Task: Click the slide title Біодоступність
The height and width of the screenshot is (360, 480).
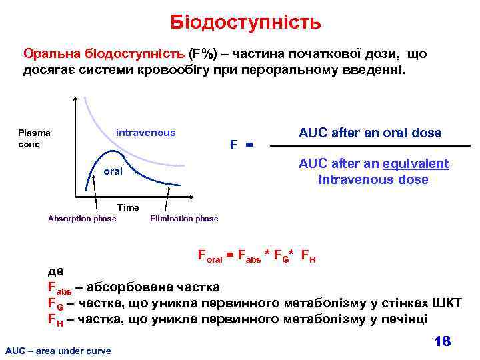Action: [x=245, y=23]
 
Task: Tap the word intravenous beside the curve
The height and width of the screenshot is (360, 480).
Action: [x=145, y=132]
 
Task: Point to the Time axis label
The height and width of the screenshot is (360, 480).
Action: [x=128, y=207]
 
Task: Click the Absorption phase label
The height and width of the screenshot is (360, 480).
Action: [x=82, y=219]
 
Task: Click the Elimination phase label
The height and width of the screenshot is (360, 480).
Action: [x=184, y=219]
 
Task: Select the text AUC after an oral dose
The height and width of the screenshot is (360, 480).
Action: [x=370, y=133]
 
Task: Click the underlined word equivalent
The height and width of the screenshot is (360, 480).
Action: [x=419, y=163]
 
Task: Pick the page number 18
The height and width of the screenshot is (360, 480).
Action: [x=441, y=341]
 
